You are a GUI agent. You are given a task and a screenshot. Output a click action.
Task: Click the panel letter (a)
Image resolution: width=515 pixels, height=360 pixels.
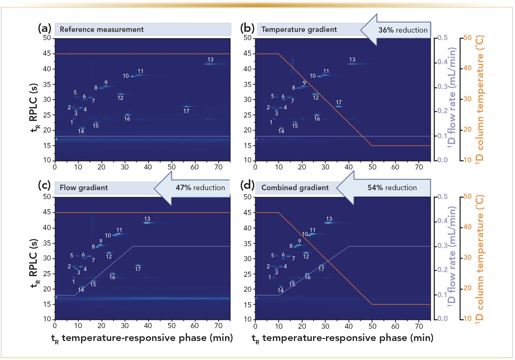(x=45, y=28)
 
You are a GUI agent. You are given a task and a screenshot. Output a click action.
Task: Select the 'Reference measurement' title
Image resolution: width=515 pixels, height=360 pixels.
(x=102, y=30)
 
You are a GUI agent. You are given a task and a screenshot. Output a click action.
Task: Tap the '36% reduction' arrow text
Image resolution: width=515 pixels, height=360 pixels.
(x=403, y=30)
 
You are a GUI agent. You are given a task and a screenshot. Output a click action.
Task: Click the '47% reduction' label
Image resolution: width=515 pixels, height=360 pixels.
(x=200, y=187)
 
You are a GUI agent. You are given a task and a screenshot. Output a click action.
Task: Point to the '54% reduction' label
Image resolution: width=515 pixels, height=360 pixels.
(x=392, y=187)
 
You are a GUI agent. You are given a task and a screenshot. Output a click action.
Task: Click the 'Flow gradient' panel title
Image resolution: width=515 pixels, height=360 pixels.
(x=84, y=187)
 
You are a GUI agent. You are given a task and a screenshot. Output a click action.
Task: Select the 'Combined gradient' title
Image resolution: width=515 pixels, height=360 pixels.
(x=295, y=187)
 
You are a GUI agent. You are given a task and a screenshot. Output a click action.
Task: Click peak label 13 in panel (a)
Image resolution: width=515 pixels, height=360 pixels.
(x=210, y=59)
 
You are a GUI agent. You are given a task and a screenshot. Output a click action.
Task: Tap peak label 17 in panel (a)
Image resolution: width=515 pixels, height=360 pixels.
(x=186, y=111)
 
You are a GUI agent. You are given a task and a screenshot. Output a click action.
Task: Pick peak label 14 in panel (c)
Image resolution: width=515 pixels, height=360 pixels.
(x=81, y=290)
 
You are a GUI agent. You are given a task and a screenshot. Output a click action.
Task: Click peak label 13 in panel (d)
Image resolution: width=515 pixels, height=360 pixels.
(x=329, y=219)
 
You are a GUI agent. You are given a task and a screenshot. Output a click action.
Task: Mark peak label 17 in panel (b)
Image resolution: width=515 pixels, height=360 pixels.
(x=339, y=102)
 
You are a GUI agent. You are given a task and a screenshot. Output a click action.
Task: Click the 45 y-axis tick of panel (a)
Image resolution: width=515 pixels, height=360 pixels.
(x=47, y=53)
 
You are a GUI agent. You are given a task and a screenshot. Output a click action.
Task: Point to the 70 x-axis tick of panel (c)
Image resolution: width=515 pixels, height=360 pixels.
(x=219, y=326)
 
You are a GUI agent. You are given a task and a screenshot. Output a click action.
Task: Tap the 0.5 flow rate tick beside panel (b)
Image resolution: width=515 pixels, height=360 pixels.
(x=442, y=38)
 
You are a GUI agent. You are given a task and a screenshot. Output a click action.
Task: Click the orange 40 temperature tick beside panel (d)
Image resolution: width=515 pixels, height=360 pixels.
(x=467, y=227)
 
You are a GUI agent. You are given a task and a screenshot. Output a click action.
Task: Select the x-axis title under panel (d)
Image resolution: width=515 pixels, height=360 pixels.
(x=342, y=338)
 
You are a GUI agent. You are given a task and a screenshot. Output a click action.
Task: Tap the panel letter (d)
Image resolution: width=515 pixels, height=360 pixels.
(x=247, y=185)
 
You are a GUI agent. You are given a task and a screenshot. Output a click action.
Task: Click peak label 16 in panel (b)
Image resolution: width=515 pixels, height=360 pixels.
(x=317, y=119)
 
